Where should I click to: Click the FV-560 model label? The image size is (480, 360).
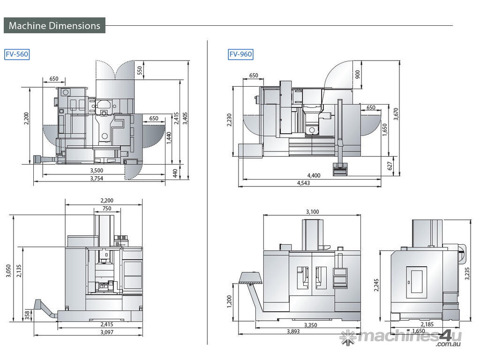click(x=17, y=54)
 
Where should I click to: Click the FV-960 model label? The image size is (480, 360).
click(x=240, y=54)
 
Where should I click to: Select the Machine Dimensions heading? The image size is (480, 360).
click(x=54, y=25)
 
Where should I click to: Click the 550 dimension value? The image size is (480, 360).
click(x=139, y=69)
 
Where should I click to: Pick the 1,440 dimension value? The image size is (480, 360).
click(x=168, y=138)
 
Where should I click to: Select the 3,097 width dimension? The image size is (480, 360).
click(x=107, y=332)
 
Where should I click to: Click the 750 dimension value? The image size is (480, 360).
click(x=106, y=208)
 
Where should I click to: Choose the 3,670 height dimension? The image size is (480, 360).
click(x=396, y=114)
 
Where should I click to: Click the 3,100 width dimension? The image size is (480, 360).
click(x=312, y=212)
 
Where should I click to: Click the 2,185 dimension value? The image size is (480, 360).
click(x=427, y=324)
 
